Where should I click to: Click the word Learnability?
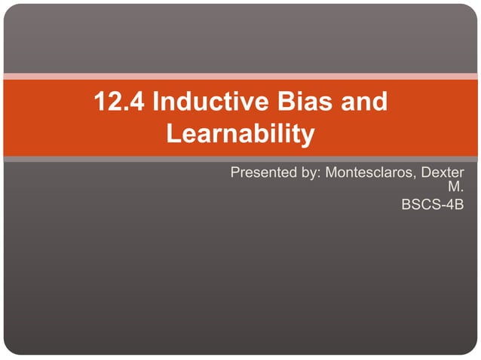[240, 135]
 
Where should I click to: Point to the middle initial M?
[455, 188]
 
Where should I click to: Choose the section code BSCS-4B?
[433, 203]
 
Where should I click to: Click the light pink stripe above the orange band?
[240, 76]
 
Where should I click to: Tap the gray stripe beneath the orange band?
[240, 159]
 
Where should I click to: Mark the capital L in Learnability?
[173, 135]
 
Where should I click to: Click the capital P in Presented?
[235, 173]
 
